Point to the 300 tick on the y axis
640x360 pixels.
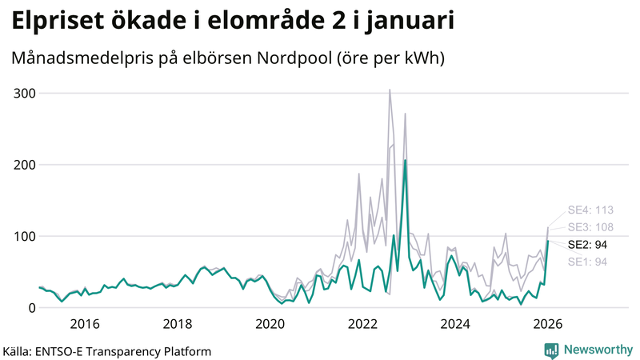(x=24, y=94)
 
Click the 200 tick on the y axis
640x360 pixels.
(x=24, y=165)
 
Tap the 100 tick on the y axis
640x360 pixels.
(x=24, y=236)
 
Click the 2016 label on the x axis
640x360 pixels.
(x=85, y=324)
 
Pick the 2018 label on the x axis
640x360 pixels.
(x=178, y=324)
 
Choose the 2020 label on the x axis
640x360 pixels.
(x=270, y=324)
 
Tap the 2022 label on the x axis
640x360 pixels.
(x=363, y=324)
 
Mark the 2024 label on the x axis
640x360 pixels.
(x=456, y=324)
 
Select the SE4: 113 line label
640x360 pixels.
(x=590, y=210)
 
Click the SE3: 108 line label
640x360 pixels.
(x=590, y=227)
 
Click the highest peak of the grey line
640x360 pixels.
(x=390, y=90)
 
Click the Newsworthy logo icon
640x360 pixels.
(x=551, y=350)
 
